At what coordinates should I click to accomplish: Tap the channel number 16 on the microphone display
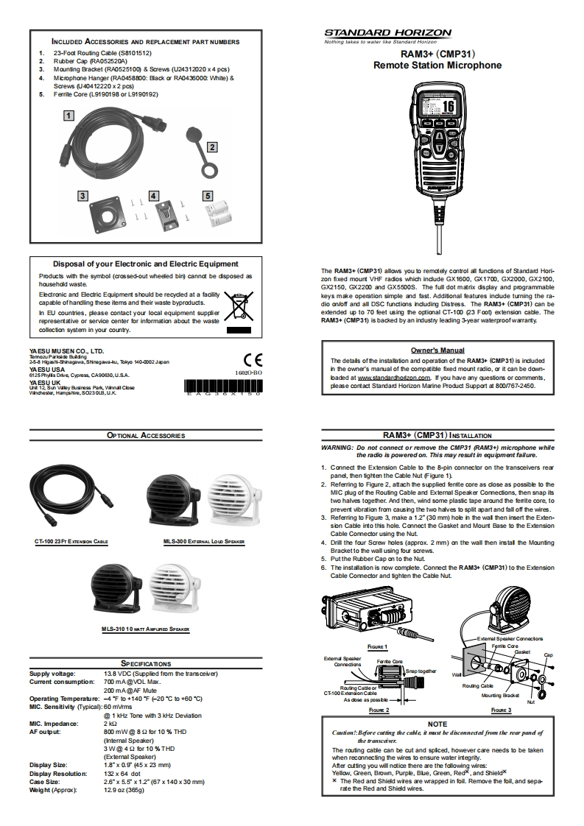(447, 105)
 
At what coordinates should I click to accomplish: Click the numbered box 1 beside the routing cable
(68, 115)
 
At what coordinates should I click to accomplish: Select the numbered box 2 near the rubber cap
(211, 147)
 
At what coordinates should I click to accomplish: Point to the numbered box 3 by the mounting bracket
(83, 196)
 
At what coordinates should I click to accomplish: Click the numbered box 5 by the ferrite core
(208, 196)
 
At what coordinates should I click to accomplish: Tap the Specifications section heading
(146, 663)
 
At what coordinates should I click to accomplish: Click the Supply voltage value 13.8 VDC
(160, 674)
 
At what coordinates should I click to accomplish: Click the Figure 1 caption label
(377, 646)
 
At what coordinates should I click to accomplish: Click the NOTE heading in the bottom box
(437, 724)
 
